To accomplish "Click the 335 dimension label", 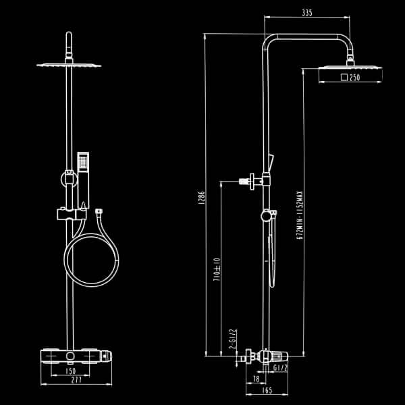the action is tap(307, 13).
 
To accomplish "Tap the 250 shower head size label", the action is tap(354, 77).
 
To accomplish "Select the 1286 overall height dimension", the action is tap(202, 198).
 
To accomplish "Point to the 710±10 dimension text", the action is tap(217, 269).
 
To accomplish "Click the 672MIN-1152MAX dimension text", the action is tap(299, 215).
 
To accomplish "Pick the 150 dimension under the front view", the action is tap(70, 371).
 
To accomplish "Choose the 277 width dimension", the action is tap(76, 379).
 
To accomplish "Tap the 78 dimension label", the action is tap(256, 379).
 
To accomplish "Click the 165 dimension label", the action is tap(267, 390).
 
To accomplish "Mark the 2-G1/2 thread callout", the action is tap(233, 339).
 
